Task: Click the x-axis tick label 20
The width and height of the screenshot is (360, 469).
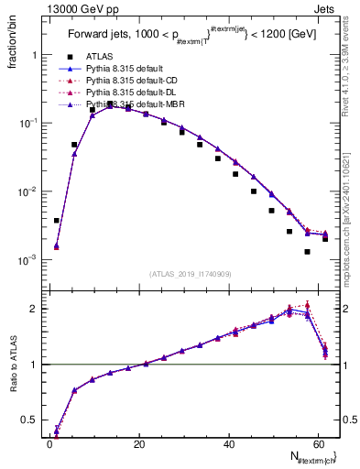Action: pyautogui.click(x=138, y=444)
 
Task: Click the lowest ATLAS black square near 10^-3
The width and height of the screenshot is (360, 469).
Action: pyautogui.click(x=307, y=251)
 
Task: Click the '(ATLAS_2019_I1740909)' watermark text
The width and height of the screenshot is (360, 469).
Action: pyautogui.click(x=190, y=273)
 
